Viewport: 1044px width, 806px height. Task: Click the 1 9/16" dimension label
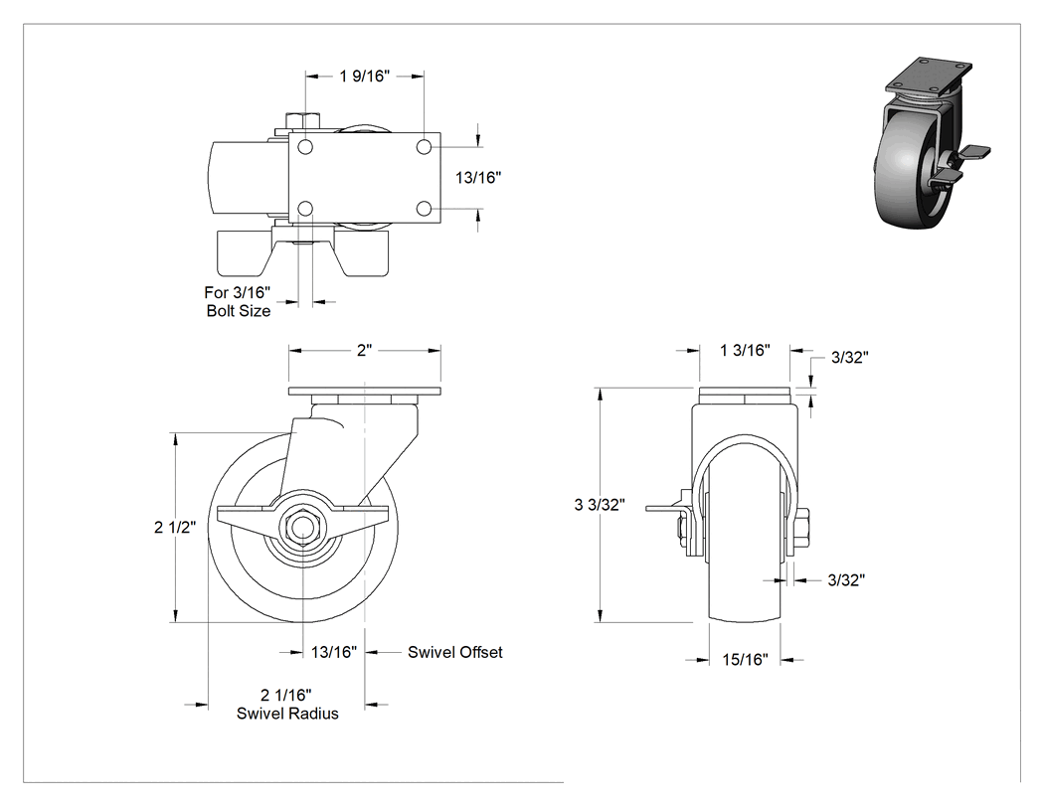364,76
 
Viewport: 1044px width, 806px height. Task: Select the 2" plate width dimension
364,350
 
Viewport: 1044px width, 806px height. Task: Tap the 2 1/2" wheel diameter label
175,527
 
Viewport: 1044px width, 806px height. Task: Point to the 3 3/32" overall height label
600,505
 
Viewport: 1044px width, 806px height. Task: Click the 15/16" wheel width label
745,659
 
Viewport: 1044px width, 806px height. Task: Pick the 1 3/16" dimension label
745,350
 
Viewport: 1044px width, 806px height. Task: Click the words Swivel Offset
454,652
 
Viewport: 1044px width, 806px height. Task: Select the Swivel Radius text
287,714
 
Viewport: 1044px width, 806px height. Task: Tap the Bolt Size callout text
239,311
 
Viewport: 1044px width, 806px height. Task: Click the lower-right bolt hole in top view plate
423,209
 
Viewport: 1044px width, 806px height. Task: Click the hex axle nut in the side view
303,521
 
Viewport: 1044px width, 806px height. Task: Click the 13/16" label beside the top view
478,177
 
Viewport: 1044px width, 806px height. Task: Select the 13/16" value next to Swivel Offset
333,652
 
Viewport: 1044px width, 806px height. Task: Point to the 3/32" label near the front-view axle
846,580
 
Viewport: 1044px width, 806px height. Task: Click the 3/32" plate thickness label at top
849,358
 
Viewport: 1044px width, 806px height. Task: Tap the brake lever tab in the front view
665,508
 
